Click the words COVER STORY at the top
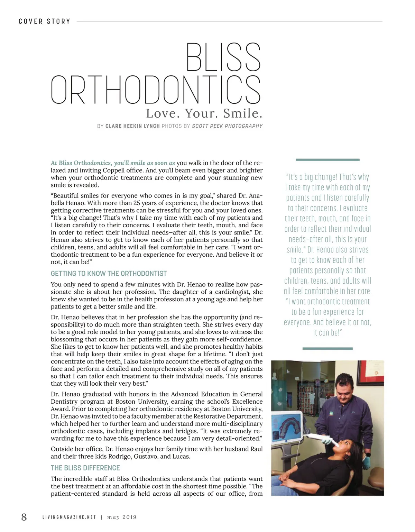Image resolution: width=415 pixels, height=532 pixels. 44,21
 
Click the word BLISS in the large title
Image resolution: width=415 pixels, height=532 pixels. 223,57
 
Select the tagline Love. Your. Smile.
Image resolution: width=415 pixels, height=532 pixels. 204,113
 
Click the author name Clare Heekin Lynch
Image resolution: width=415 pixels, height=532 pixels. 132,126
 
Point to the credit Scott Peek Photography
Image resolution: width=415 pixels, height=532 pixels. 227,126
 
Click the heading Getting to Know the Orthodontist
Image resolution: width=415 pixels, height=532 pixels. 109,274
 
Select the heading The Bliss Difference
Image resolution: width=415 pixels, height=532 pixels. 85,468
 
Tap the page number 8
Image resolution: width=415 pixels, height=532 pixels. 24,517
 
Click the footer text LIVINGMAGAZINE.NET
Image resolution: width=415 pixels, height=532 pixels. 69,517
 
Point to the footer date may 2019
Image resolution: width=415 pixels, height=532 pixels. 122,517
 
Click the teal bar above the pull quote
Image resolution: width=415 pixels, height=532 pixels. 328,160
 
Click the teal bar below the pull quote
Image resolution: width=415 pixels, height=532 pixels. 328,348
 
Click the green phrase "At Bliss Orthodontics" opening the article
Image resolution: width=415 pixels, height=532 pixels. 81,163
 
